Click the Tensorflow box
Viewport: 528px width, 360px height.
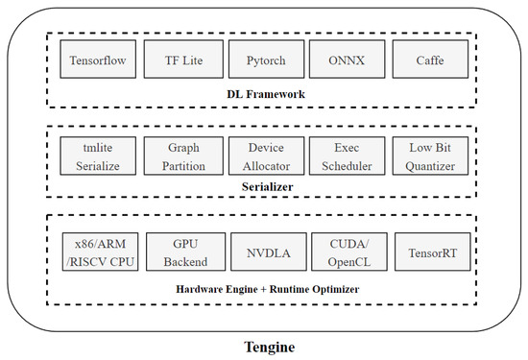click(98, 60)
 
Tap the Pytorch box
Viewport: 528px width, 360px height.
click(265, 60)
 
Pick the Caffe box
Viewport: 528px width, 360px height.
click(430, 60)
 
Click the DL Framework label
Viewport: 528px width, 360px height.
click(264, 94)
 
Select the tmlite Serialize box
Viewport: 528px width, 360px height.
click(98, 156)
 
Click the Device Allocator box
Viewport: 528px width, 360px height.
click(265, 156)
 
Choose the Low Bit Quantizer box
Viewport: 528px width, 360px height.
click(430, 156)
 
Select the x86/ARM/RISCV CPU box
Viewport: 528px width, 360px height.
click(98, 252)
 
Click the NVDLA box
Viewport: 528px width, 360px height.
click(265, 252)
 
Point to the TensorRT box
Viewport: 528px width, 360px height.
click(430, 252)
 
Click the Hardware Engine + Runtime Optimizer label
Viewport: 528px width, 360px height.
click(264, 287)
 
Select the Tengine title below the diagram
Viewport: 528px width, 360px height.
click(264, 347)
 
